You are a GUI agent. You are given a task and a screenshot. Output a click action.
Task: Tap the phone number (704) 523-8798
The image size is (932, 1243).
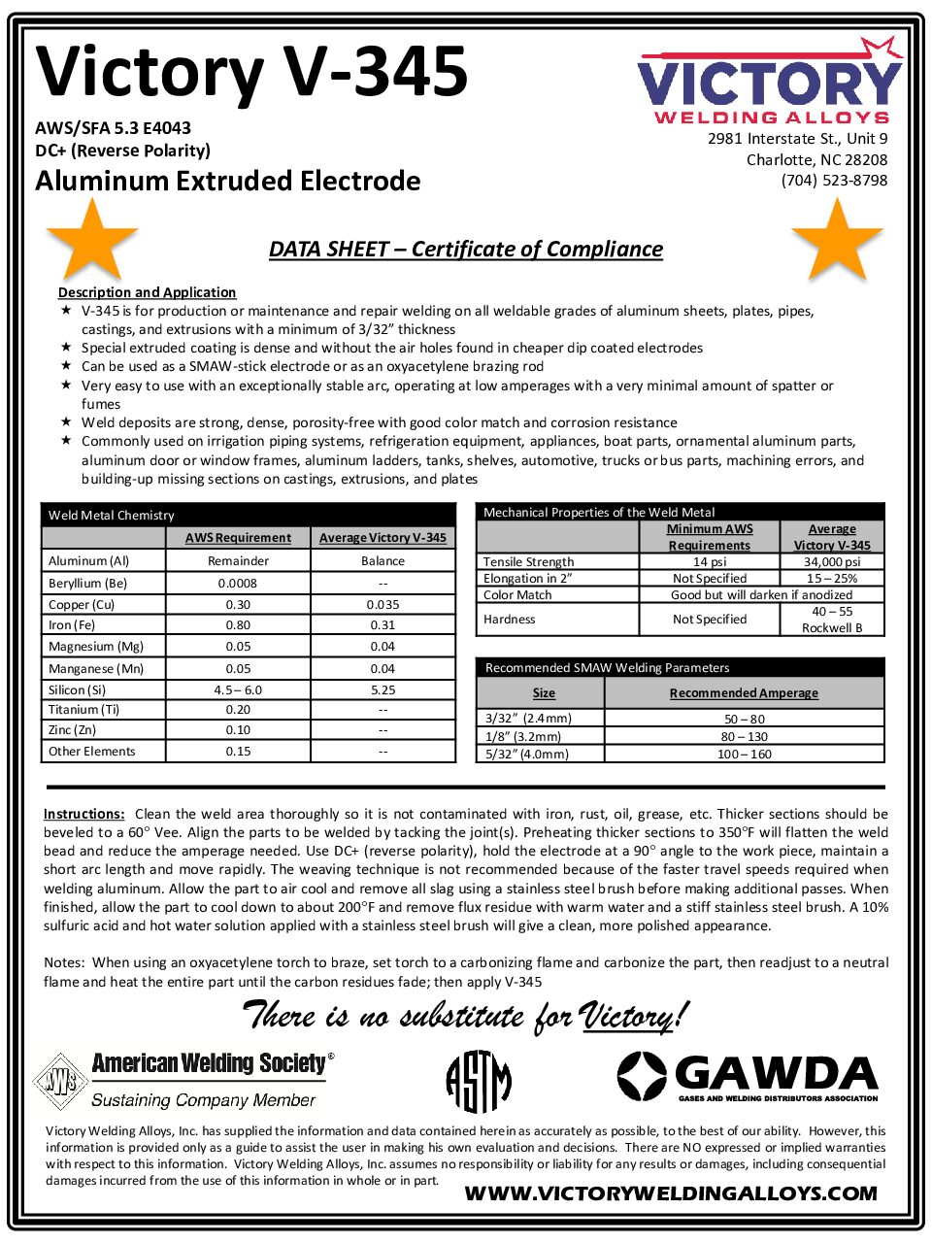[834, 180]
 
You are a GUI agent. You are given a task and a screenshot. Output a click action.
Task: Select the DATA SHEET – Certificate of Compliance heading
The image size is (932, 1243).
[466, 249]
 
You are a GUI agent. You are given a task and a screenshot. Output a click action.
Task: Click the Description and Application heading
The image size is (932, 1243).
[147, 292]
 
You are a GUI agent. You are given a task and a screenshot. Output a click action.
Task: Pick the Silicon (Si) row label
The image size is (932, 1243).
[78, 689]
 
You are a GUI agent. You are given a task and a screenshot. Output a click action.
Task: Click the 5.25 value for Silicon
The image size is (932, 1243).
[383, 689]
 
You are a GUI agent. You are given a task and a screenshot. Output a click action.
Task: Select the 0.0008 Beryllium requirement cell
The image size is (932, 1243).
[238, 583]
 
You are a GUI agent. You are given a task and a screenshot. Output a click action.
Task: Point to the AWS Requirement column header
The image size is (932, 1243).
[238, 537]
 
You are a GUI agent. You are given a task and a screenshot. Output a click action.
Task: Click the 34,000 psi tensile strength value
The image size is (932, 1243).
[832, 561]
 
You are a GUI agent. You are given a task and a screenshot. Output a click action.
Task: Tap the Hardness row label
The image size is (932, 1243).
[510, 619]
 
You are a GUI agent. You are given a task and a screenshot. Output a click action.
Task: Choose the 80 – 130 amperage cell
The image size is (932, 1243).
[744, 736]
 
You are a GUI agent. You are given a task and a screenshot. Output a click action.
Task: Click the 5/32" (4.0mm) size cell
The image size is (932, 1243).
[527, 754]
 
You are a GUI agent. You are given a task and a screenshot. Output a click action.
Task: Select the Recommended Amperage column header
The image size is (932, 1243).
[744, 692]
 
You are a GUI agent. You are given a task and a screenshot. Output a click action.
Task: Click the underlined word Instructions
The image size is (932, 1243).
[83, 814]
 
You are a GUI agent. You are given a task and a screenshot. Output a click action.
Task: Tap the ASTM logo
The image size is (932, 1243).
[478, 1081]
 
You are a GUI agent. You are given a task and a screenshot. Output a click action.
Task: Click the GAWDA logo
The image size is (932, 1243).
[748, 1076]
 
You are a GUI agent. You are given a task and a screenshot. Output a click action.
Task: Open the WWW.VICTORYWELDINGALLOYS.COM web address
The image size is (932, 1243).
[671, 1193]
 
